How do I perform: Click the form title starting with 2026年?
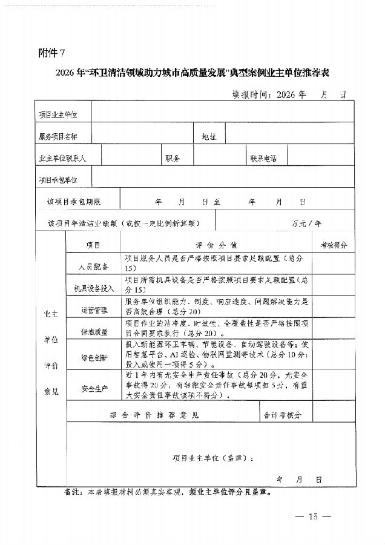(x=192, y=74)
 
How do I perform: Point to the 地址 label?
(x=209, y=137)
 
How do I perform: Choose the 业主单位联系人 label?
(x=63, y=158)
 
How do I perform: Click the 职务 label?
(x=173, y=158)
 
